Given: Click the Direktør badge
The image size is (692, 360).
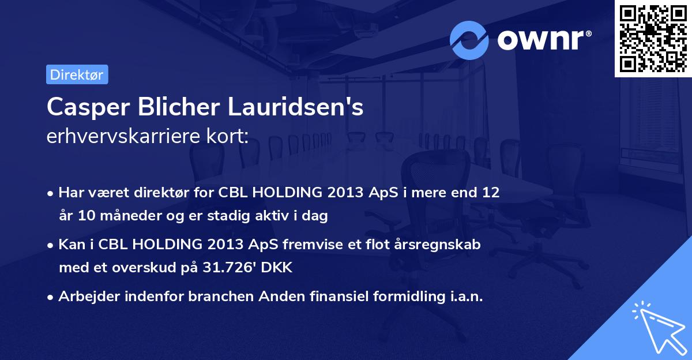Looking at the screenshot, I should pyautogui.click(x=77, y=74).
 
